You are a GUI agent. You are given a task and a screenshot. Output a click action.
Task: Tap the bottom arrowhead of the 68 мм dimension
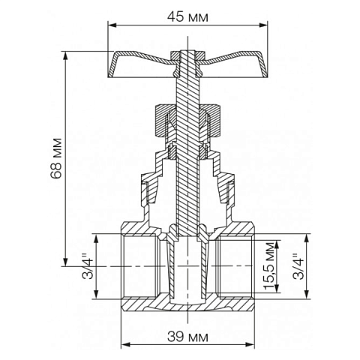point(66,263)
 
